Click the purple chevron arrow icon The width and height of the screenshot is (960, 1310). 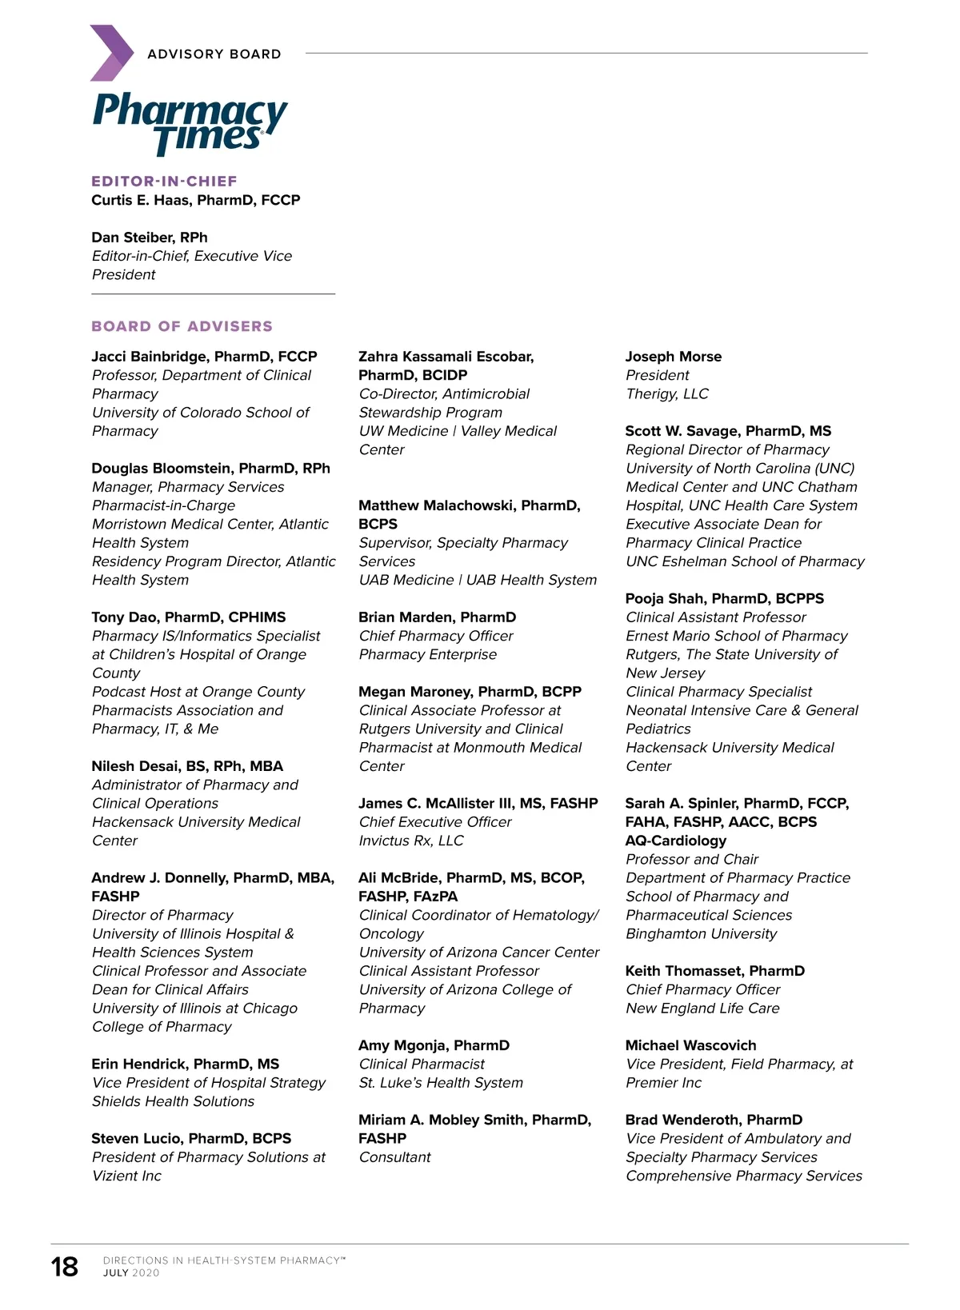[x=111, y=53]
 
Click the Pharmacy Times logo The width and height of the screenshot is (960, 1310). [x=190, y=123]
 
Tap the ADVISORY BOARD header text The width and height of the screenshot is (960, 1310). [x=214, y=54]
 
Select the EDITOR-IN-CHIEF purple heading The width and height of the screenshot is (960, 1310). [x=164, y=182]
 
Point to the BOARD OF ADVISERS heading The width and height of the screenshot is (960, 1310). [x=182, y=326]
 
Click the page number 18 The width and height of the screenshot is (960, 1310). [x=65, y=1267]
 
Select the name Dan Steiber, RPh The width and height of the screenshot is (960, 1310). [x=150, y=238]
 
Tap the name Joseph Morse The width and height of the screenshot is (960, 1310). [x=673, y=357]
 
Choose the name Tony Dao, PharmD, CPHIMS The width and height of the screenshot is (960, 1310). [x=188, y=617]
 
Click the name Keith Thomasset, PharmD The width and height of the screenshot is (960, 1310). [x=714, y=971]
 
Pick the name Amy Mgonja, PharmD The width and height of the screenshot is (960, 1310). [x=434, y=1045]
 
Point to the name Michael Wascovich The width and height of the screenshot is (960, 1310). [x=690, y=1045]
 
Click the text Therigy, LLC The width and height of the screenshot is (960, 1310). [x=666, y=394]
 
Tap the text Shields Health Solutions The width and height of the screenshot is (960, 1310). [x=173, y=1101]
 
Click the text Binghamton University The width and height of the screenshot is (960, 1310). [x=701, y=934]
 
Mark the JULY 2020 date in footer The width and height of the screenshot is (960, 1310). [x=131, y=1273]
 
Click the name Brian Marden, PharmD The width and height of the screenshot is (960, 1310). [x=437, y=617]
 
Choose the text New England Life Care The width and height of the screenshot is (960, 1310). [x=702, y=1008]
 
